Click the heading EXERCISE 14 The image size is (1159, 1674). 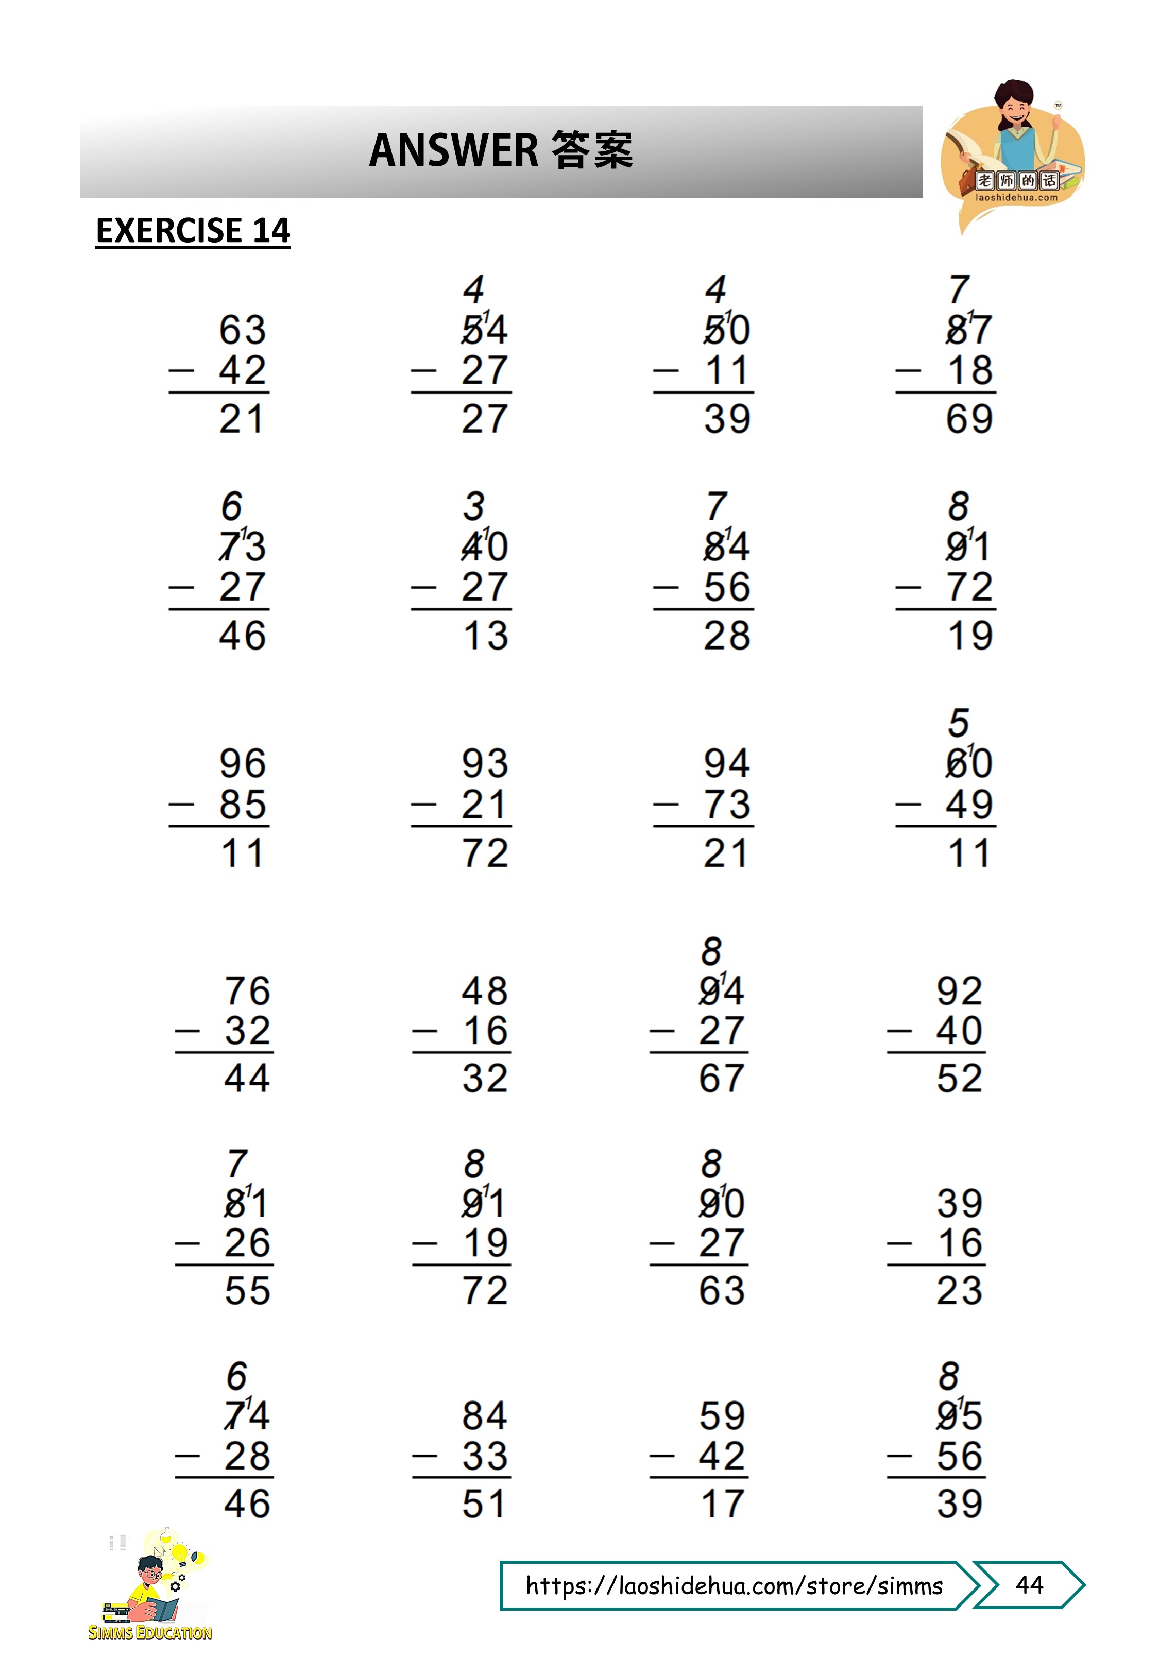[x=193, y=231]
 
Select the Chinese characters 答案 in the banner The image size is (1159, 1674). [x=592, y=150]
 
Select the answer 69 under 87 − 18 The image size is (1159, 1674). [x=969, y=419]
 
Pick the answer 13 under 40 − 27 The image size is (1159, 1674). [x=485, y=636]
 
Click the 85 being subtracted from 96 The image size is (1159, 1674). [x=243, y=805]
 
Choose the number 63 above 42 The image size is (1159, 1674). [x=243, y=330]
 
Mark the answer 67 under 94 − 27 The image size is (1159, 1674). [x=721, y=1078]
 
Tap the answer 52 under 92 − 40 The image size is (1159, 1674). [x=959, y=1078]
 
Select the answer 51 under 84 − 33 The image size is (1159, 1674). [x=484, y=1504]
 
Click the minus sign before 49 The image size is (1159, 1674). [x=908, y=805]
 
